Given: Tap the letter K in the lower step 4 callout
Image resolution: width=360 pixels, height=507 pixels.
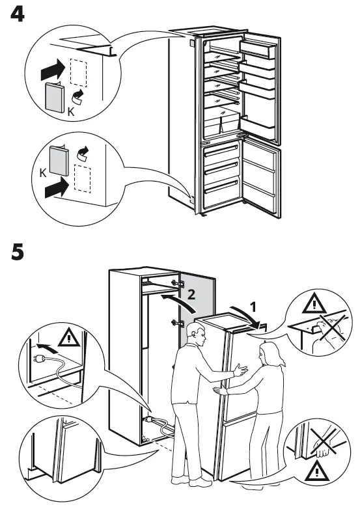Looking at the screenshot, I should pyautogui.click(x=43, y=174).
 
